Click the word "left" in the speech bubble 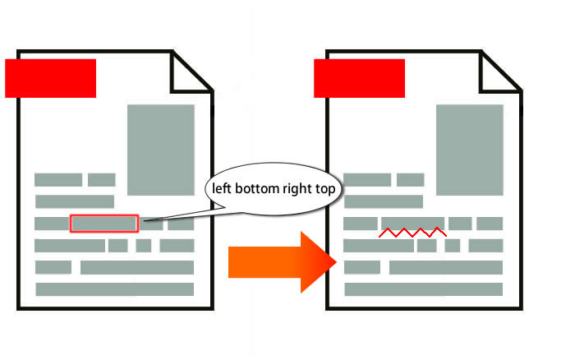[222, 188]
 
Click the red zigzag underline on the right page [412, 233]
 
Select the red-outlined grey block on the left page [104, 224]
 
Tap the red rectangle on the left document [51, 78]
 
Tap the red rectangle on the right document [360, 78]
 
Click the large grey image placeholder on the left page [161, 150]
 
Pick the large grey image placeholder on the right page [470, 150]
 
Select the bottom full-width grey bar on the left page [115, 289]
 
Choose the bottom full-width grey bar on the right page [424, 289]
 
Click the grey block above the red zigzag [413, 224]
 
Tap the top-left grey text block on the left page [58, 180]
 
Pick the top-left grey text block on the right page [367, 180]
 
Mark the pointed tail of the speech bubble [144, 221]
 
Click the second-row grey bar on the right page [384, 201]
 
